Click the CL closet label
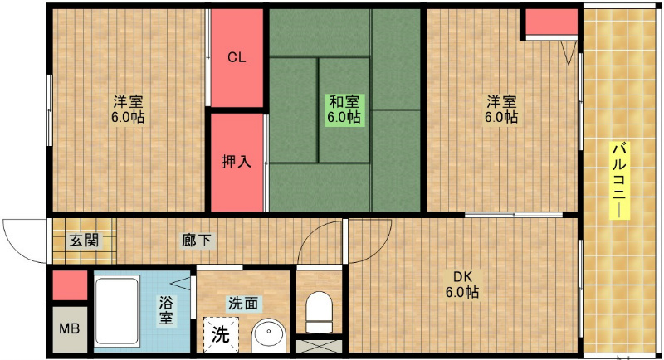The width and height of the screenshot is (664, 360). (x=237, y=57)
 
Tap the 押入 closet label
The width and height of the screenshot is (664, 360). (x=237, y=161)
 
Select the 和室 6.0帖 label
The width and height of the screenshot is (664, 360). (x=344, y=109)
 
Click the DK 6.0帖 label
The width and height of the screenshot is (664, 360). (x=462, y=285)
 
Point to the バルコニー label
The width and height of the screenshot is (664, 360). (x=619, y=181)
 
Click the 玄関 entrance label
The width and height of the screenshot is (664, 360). (x=84, y=241)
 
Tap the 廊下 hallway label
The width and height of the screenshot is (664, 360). (x=197, y=241)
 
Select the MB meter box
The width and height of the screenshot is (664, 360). (x=70, y=328)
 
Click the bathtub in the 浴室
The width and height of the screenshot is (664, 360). (x=117, y=310)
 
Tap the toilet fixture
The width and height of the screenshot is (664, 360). (x=319, y=312)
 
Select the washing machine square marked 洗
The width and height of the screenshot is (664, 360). (x=221, y=334)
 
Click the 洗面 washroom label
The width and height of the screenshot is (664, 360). (x=243, y=303)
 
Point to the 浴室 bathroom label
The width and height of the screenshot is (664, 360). (x=165, y=310)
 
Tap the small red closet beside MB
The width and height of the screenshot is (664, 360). (x=70, y=285)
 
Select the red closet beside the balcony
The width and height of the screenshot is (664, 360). (x=552, y=22)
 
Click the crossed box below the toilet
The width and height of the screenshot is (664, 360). (x=319, y=346)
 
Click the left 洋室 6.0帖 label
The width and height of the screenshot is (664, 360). (x=128, y=109)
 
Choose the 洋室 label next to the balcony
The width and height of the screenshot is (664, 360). (x=501, y=109)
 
